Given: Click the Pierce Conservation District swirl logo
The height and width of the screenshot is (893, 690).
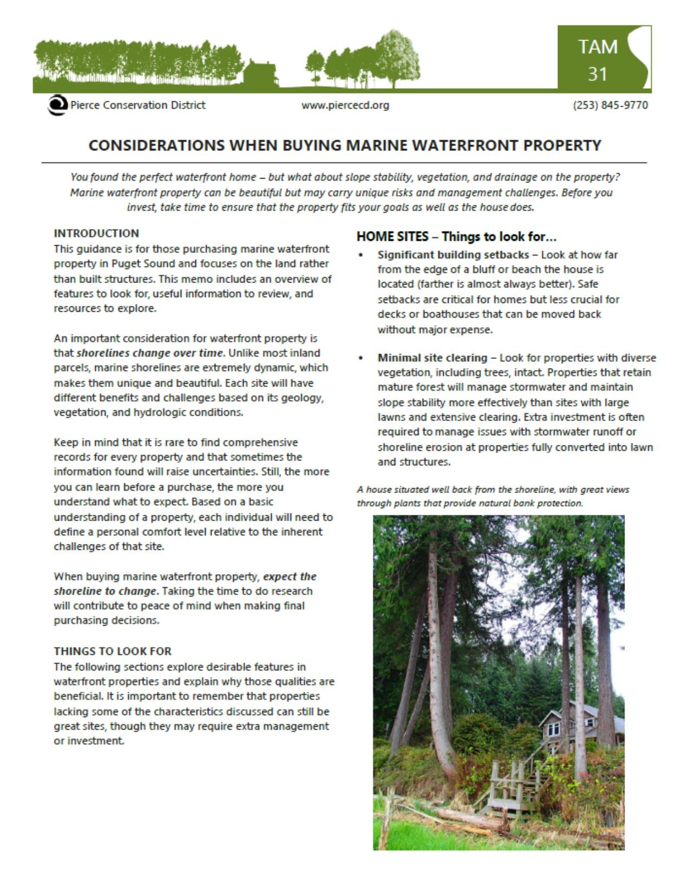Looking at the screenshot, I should (56, 105).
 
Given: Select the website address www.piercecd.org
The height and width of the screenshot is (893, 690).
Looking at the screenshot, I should (345, 105).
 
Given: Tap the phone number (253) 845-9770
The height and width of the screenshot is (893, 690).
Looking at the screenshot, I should (610, 105).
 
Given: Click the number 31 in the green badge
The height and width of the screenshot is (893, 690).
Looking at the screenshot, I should (597, 73).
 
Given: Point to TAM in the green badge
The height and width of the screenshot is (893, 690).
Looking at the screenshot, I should (597, 47).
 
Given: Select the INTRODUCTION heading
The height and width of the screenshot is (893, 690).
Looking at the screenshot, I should (96, 233).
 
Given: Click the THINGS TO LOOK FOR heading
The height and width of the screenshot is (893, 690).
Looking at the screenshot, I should (113, 651).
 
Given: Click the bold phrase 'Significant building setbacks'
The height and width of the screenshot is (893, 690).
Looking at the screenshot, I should (453, 254).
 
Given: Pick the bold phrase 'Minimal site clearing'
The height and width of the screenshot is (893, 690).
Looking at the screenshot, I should (432, 358).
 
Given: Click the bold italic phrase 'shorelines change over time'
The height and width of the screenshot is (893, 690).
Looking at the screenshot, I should (149, 353).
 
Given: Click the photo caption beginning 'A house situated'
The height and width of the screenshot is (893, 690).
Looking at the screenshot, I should (492, 496).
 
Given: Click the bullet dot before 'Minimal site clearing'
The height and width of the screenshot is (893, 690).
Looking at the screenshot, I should (360, 358).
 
